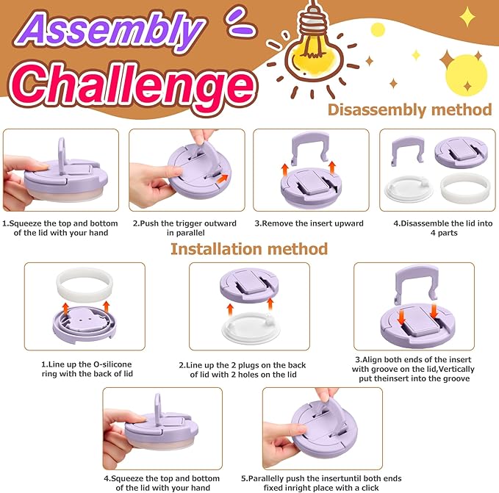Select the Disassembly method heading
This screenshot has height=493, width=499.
pos(409,109)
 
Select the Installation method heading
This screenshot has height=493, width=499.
pos(249,249)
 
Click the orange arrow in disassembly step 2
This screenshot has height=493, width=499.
pos(223,179)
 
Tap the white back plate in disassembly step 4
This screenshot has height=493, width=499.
pos(409,190)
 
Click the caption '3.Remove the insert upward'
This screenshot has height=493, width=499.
pos(309,223)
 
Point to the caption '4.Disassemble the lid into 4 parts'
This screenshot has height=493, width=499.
pos(443,228)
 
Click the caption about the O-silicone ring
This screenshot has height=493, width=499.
pos(87,369)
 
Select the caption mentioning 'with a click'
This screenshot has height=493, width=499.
pos(321,483)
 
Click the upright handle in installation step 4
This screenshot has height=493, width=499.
pos(157,409)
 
